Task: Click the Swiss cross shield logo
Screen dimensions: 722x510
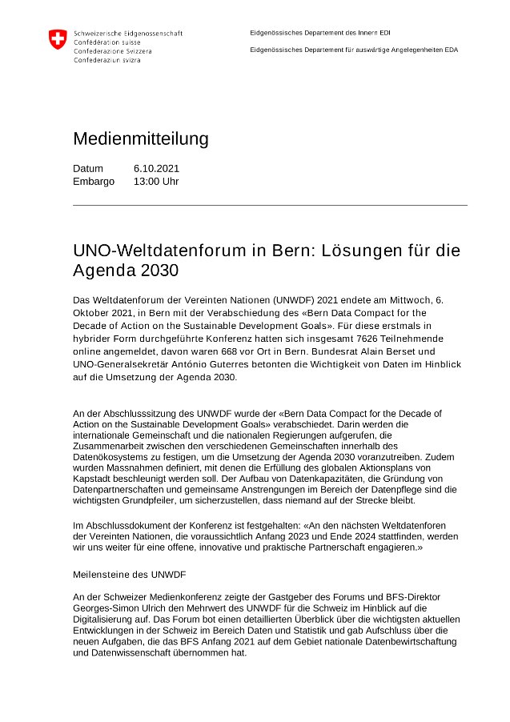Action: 58,39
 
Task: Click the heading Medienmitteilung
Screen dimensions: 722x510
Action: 140,138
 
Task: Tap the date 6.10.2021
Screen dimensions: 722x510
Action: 156,168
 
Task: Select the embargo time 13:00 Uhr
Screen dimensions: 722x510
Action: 156,181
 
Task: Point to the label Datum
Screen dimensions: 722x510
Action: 88,168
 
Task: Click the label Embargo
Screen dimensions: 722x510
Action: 94,181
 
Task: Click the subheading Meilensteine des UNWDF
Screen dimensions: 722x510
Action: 129,575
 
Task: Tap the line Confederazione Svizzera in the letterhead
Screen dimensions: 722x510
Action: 112,50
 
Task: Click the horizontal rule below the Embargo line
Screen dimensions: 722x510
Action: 270,205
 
